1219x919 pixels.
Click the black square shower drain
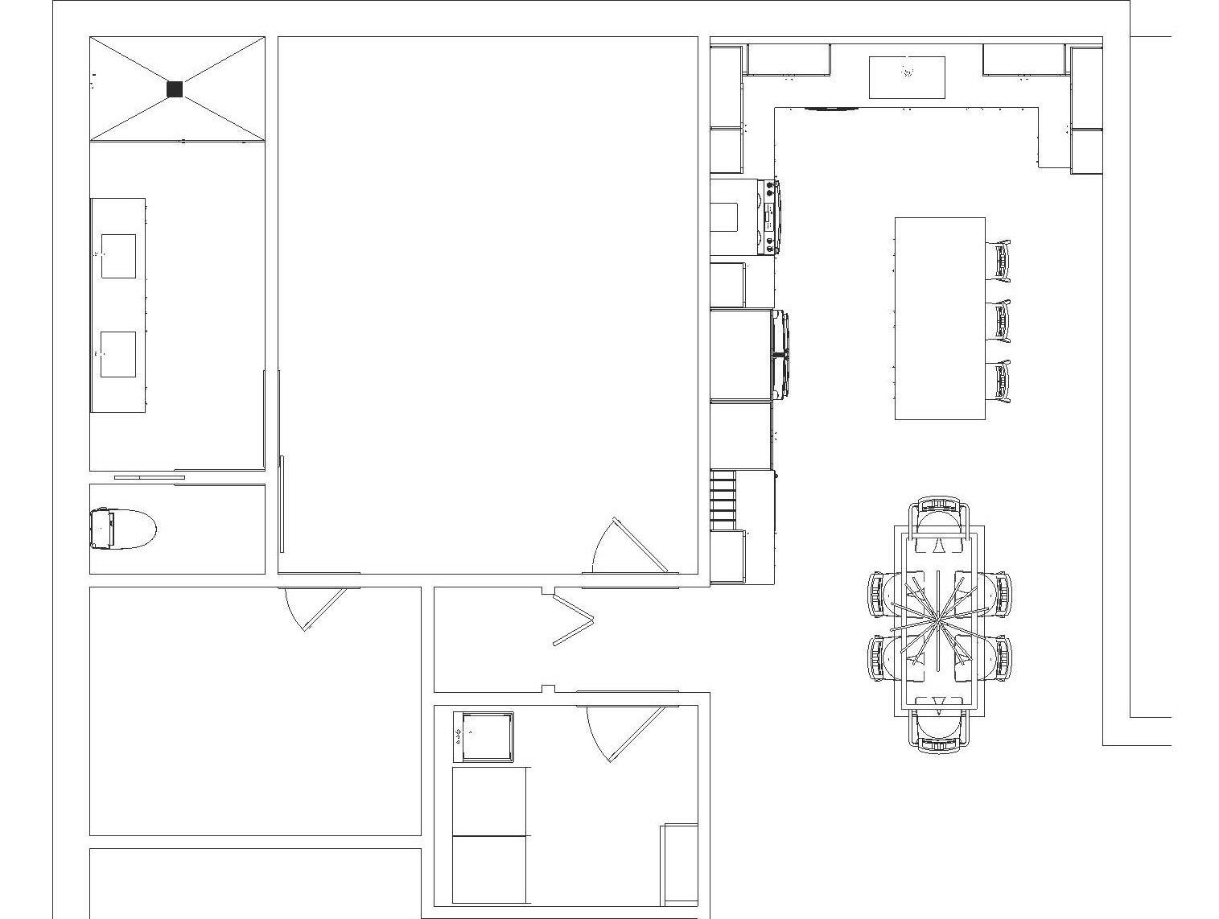click(175, 89)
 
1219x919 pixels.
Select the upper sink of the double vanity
click(118, 256)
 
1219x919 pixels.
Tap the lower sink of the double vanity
click(118, 354)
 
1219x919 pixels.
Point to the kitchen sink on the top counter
click(907, 76)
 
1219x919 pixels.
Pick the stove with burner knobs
click(768, 216)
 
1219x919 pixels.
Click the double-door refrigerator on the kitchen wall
click(779, 355)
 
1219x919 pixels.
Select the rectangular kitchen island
click(940, 318)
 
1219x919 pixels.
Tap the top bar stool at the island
click(999, 260)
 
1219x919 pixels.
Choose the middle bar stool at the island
click(999, 320)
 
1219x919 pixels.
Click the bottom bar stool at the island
click(999, 381)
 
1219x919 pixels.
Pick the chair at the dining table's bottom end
click(939, 728)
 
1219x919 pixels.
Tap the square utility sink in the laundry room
click(484, 736)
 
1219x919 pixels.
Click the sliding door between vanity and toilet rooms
click(150, 477)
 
